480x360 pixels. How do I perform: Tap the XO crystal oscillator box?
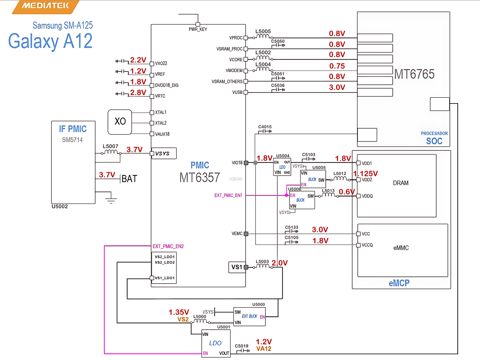pyautogui.click(x=120, y=122)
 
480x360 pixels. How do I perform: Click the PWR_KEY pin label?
pyautogui.click(x=198, y=29)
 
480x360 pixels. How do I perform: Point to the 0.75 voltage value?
pyautogui.click(x=337, y=66)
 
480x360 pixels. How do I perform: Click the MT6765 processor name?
pyautogui.click(x=414, y=74)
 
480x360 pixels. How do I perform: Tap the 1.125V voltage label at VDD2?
pyautogui.click(x=365, y=174)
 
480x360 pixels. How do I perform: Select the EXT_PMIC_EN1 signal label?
pyautogui.click(x=228, y=195)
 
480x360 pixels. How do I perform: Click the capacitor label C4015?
pyautogui.click(x=265, y=127)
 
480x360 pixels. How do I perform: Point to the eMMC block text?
pyautogui.click(x=401, y=248)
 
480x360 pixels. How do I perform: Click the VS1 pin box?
pyautogui.click(x=237, y=267)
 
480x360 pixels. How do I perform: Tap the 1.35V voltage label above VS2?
pyautogui.click(x=179, y=312)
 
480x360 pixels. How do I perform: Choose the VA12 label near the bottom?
pyautogui.click(x=264, y=349)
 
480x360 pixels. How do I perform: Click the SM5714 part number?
pyautogui.click(x=72, y=140)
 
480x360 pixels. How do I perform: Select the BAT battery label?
pyautogui.click(x=129, y=179)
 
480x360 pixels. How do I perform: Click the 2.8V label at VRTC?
pyautogui.click(x=138, y=92)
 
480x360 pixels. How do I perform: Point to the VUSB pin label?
pyautogui.click(x=237, y=92)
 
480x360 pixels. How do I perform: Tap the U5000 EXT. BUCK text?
pyautogui.click(x=249, y=316)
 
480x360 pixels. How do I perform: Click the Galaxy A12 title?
pyautogui.click(x=50, y=41)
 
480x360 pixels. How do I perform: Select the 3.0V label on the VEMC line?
pyautogui.click(x=320, y=229)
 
